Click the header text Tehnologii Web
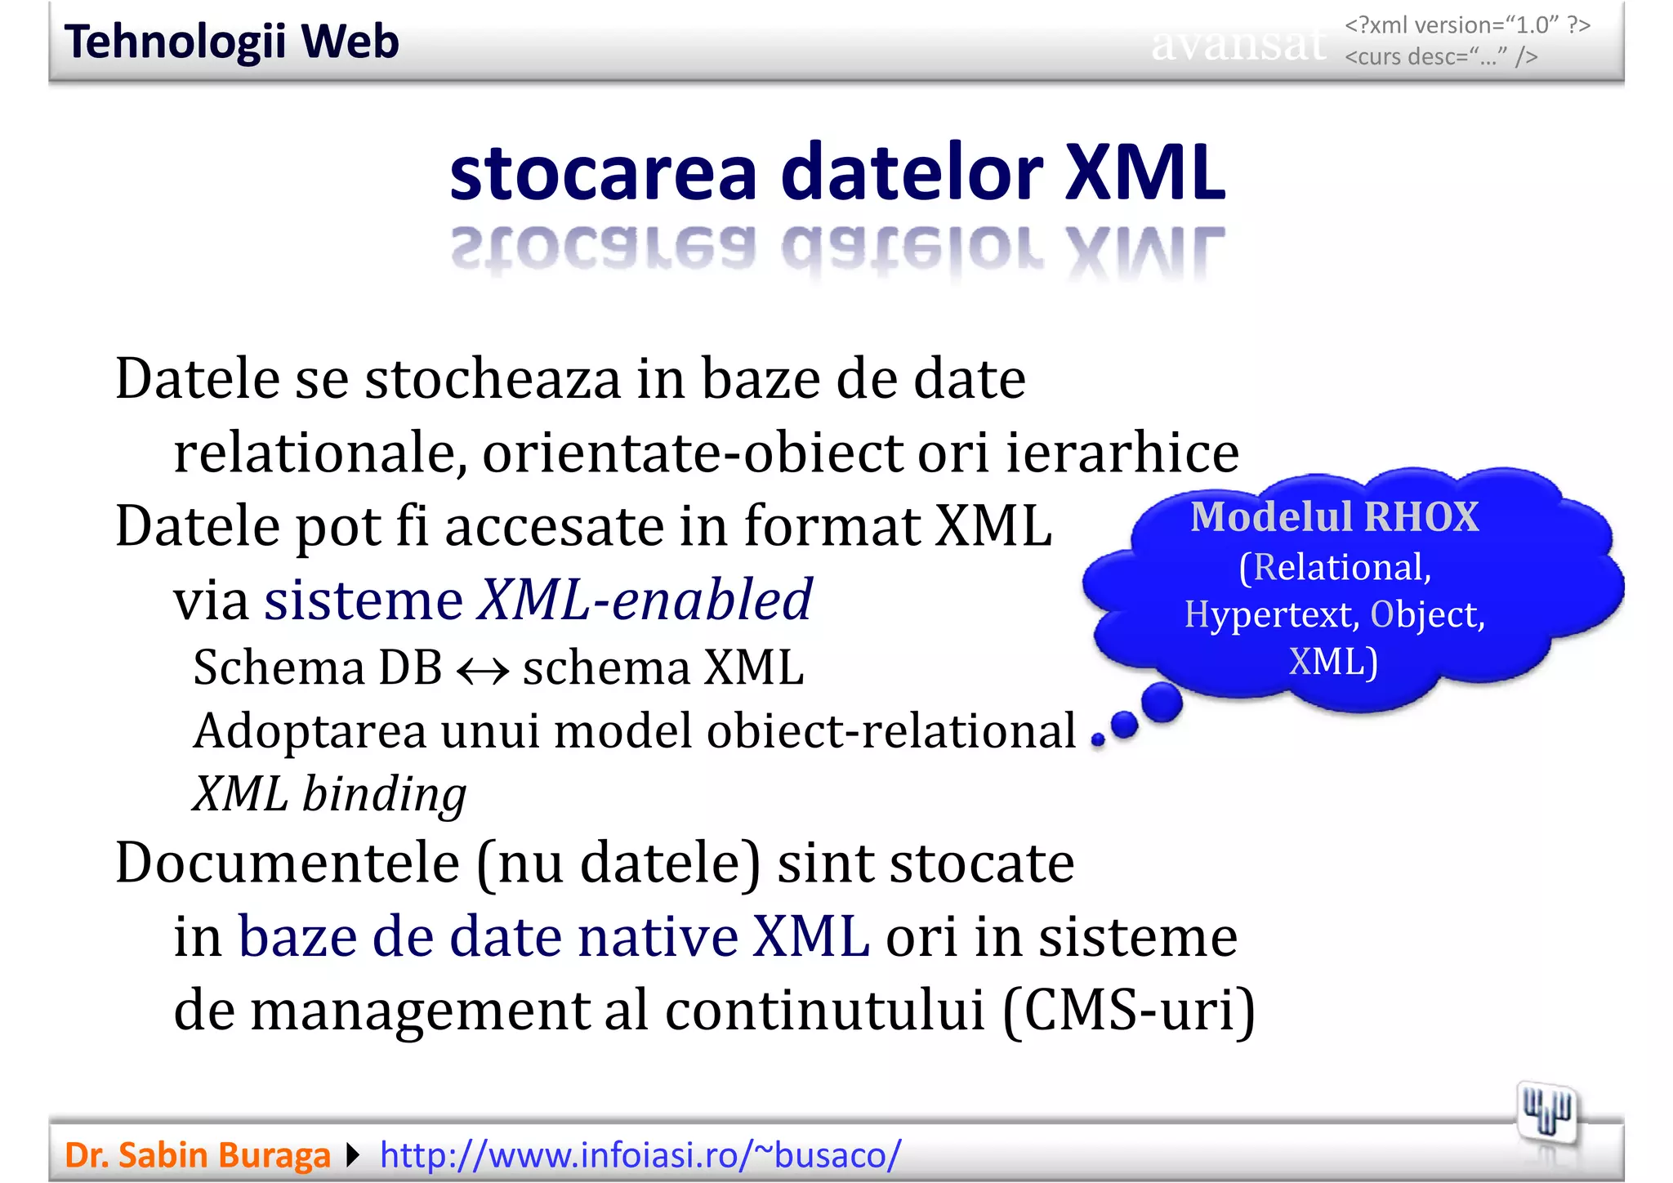click(231, 42)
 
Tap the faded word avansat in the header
click(1238, 45)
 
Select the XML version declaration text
click(1467, 25)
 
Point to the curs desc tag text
click(1441, 57)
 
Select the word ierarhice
click(1122, 453)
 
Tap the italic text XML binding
click(329, 794)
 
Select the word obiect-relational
click(891, 731)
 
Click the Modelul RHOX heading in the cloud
click(1334, 517)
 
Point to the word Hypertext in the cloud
click(1271, 614)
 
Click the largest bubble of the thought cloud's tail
click(1161, 703)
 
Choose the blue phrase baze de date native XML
click(553, 936)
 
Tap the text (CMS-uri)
click(1128, 1011)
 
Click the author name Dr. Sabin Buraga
click(197, 1155)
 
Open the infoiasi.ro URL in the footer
click(640, 1155)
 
